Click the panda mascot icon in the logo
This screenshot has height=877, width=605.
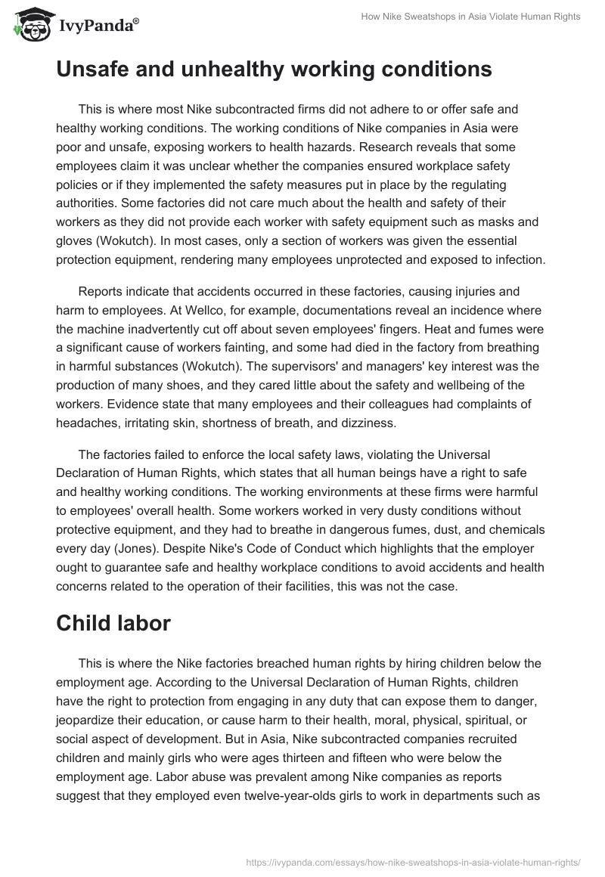point(28,25)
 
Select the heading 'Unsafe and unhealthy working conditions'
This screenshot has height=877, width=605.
point(274,70)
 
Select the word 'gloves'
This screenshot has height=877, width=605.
point(76,242)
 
